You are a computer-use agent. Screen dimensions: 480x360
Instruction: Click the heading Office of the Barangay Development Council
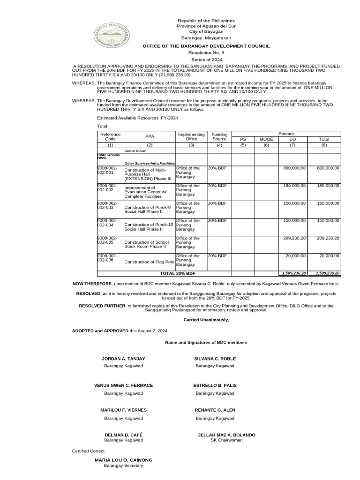[206, 46]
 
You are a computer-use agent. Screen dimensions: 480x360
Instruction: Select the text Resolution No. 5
[206, 54]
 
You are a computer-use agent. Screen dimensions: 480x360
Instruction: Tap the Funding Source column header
[219, 136]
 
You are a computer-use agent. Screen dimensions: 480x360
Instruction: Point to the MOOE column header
[266, 139]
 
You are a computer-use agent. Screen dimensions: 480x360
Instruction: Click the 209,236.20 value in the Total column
[328, 238]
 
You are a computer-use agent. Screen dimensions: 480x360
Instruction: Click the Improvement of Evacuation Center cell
[149, 192]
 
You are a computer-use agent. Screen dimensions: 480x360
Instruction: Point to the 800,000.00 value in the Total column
[328, 168]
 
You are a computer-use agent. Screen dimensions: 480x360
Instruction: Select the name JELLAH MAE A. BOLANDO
[227, 435]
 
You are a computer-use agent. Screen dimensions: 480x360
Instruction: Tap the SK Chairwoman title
[227, 440]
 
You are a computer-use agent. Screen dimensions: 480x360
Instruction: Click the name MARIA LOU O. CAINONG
[123, 460]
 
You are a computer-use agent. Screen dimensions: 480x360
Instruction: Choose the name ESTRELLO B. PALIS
[215, 385]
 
